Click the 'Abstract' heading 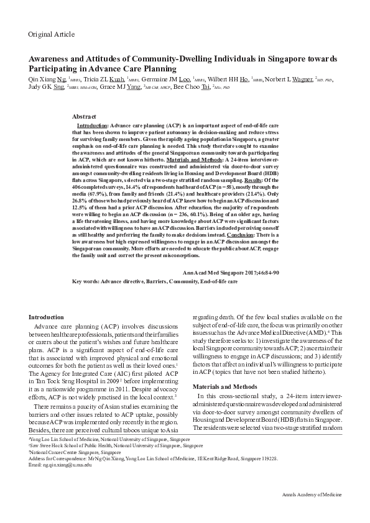coord(84,117)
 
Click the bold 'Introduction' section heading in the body coord(47,317)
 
